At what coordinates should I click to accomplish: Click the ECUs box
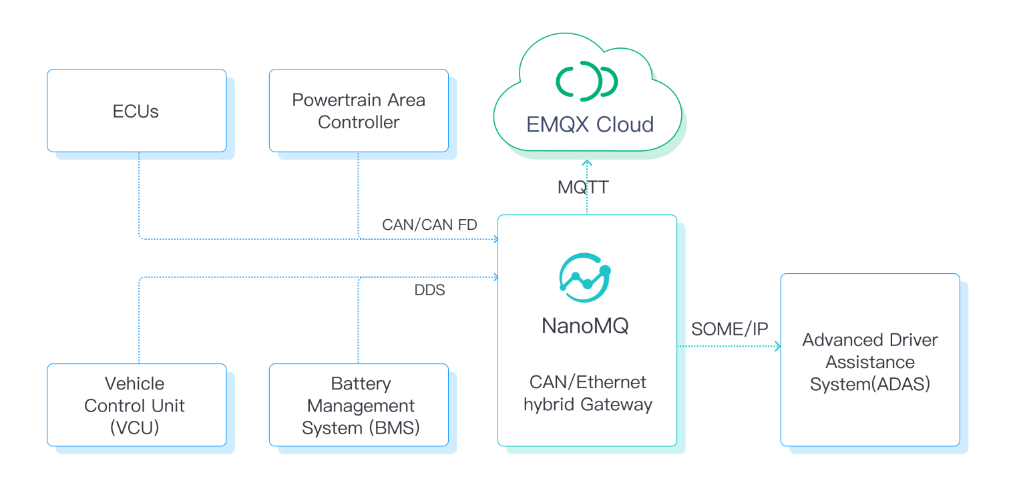136,111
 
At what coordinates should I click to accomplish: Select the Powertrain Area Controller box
359,111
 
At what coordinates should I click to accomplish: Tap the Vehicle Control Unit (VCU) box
136,405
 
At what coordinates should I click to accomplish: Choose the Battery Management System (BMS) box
359,405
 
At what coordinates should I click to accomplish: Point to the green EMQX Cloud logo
587,81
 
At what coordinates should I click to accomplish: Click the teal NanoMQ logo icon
586,278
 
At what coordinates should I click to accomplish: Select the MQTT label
583,187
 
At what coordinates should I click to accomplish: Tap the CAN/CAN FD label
429,224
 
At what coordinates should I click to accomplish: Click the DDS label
429,290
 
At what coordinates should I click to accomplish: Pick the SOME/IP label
729,329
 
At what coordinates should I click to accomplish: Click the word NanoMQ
585,326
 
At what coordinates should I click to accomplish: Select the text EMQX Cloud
590,125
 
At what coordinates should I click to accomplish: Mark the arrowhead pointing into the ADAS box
777,347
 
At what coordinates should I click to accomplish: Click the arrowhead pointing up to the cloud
587,162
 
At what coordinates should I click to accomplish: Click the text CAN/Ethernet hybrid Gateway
588,393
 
